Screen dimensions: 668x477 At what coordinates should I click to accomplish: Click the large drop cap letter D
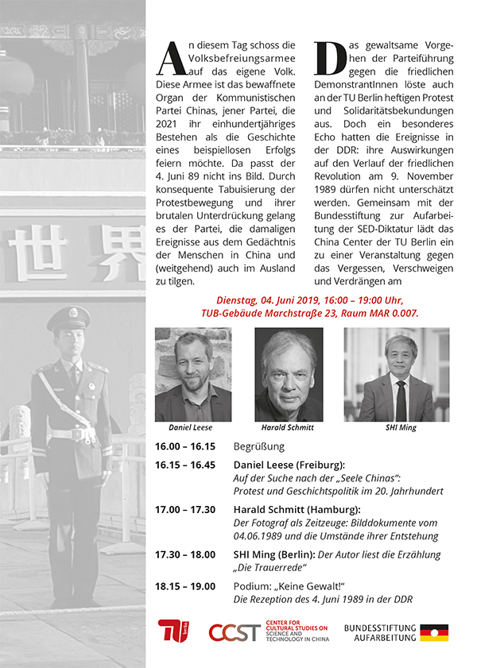(328, 56)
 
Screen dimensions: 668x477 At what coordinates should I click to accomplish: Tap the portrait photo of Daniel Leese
(193, 374)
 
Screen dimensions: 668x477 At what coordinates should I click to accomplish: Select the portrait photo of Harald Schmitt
(288, 374)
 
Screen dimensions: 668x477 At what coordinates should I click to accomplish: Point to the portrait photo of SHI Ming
(397, 374)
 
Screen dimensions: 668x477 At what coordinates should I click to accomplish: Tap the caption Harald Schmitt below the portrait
(288, 427)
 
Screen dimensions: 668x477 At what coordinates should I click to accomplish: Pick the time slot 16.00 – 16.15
(185, 447)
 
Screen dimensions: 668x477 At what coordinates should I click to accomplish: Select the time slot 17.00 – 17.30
(185, 509)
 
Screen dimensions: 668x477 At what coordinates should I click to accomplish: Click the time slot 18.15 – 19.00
(185, 586)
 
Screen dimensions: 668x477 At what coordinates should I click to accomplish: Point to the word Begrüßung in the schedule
(258, 447)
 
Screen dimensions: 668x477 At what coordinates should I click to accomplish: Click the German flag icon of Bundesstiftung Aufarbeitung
(433, 632)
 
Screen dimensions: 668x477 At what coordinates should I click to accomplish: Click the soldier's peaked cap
(68, 319)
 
